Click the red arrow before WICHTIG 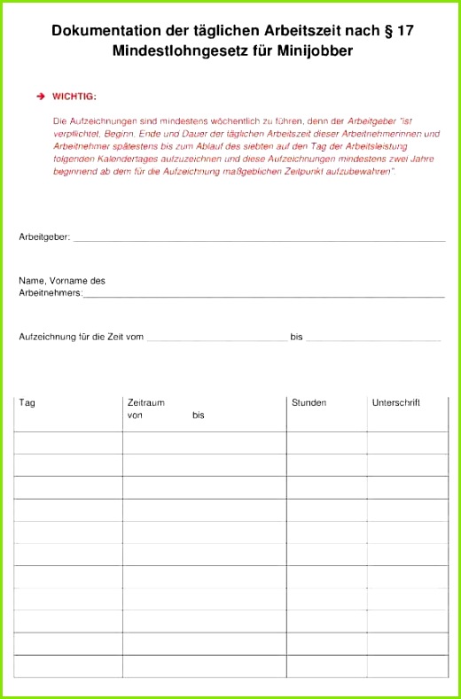(x=41, y=96)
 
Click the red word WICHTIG (x=74, y=96)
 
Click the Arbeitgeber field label (x=44, y=237)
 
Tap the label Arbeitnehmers (x=51, y=291)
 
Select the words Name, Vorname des (x=62, y=280)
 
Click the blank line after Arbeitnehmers (x=263, y=295)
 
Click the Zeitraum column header (x=146, y=403)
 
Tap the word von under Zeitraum (x=136, y=415)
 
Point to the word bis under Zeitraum (x=198, y=415)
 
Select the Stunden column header (x=309, y=403)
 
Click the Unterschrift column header (x=395, y=403)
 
